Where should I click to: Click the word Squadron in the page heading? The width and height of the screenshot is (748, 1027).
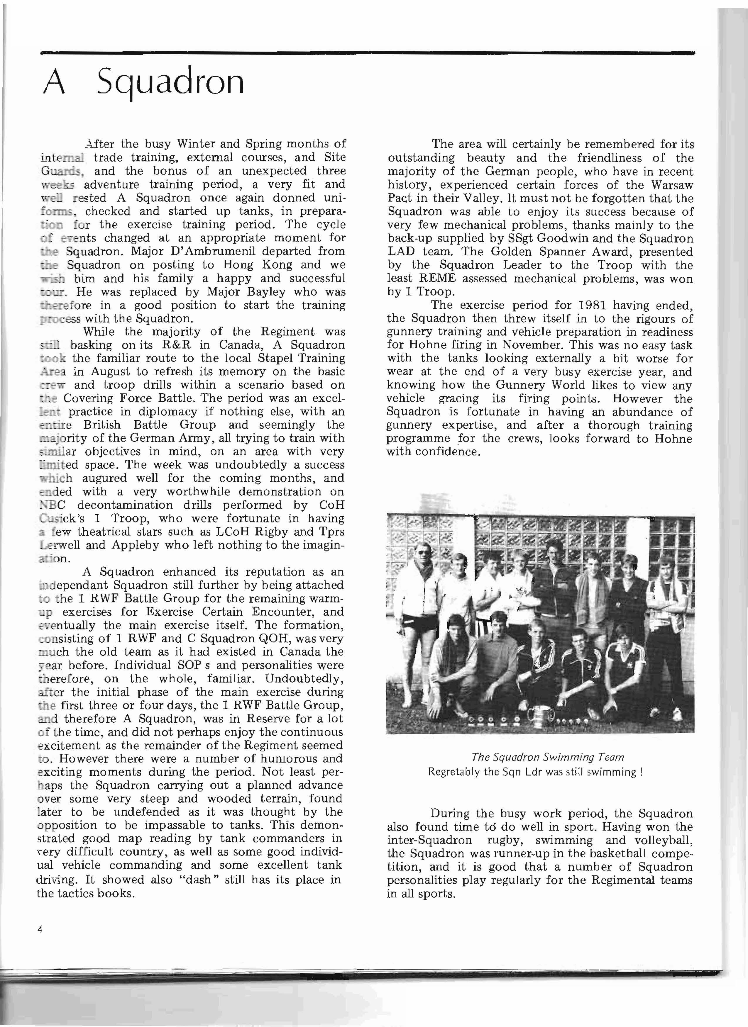click(170, 82)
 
